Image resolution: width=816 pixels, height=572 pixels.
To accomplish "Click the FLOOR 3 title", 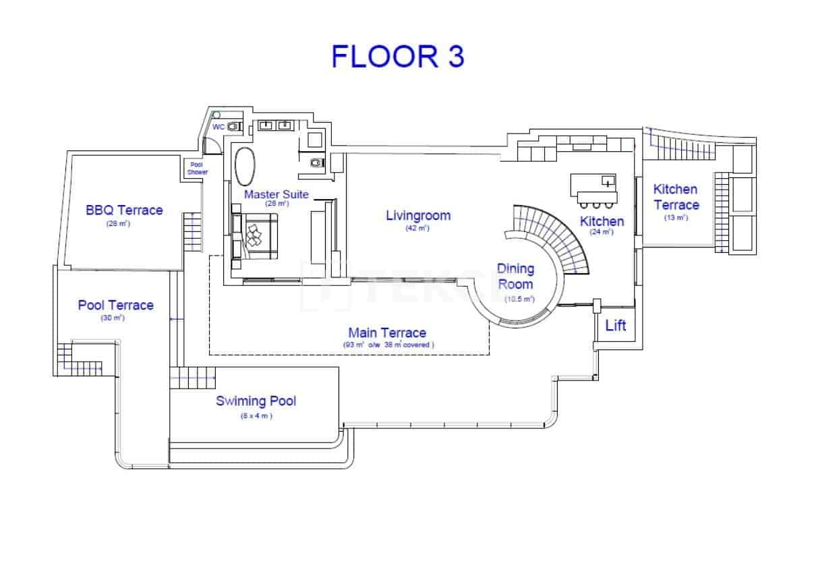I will click(x=397, y=57).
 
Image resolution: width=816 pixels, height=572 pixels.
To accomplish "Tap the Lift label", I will click(x=615, y=326).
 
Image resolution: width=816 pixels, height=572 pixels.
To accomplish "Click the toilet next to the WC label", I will click(x=233, y=126).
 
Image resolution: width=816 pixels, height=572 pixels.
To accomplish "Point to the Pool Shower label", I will click(x=198, y=168).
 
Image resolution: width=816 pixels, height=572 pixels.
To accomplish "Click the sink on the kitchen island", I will click(x=608, y=181).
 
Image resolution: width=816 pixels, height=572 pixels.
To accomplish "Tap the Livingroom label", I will click(x=418, y=216).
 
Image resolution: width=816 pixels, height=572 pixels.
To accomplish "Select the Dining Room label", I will click(x=516, y=276).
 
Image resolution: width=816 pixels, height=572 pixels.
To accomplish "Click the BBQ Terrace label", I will click(x=124, y=210).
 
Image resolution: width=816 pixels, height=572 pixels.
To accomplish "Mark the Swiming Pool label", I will click(x=256, y=401).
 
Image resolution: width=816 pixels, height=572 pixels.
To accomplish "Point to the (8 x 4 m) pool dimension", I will click(x=256, y=416).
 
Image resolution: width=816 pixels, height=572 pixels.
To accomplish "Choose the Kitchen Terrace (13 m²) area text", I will click(x=676, y=217).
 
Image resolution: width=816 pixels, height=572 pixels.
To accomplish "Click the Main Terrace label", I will click(x=387, y=333).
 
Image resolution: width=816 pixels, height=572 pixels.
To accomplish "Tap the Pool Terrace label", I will click(x=115, y=305).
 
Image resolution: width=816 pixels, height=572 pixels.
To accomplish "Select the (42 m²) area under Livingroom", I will click(x=418, y=228).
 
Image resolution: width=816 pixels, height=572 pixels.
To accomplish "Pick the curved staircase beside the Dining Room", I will click(x=553, y=233).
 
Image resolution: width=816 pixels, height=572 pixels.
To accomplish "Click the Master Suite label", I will click(x=276, y=194).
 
